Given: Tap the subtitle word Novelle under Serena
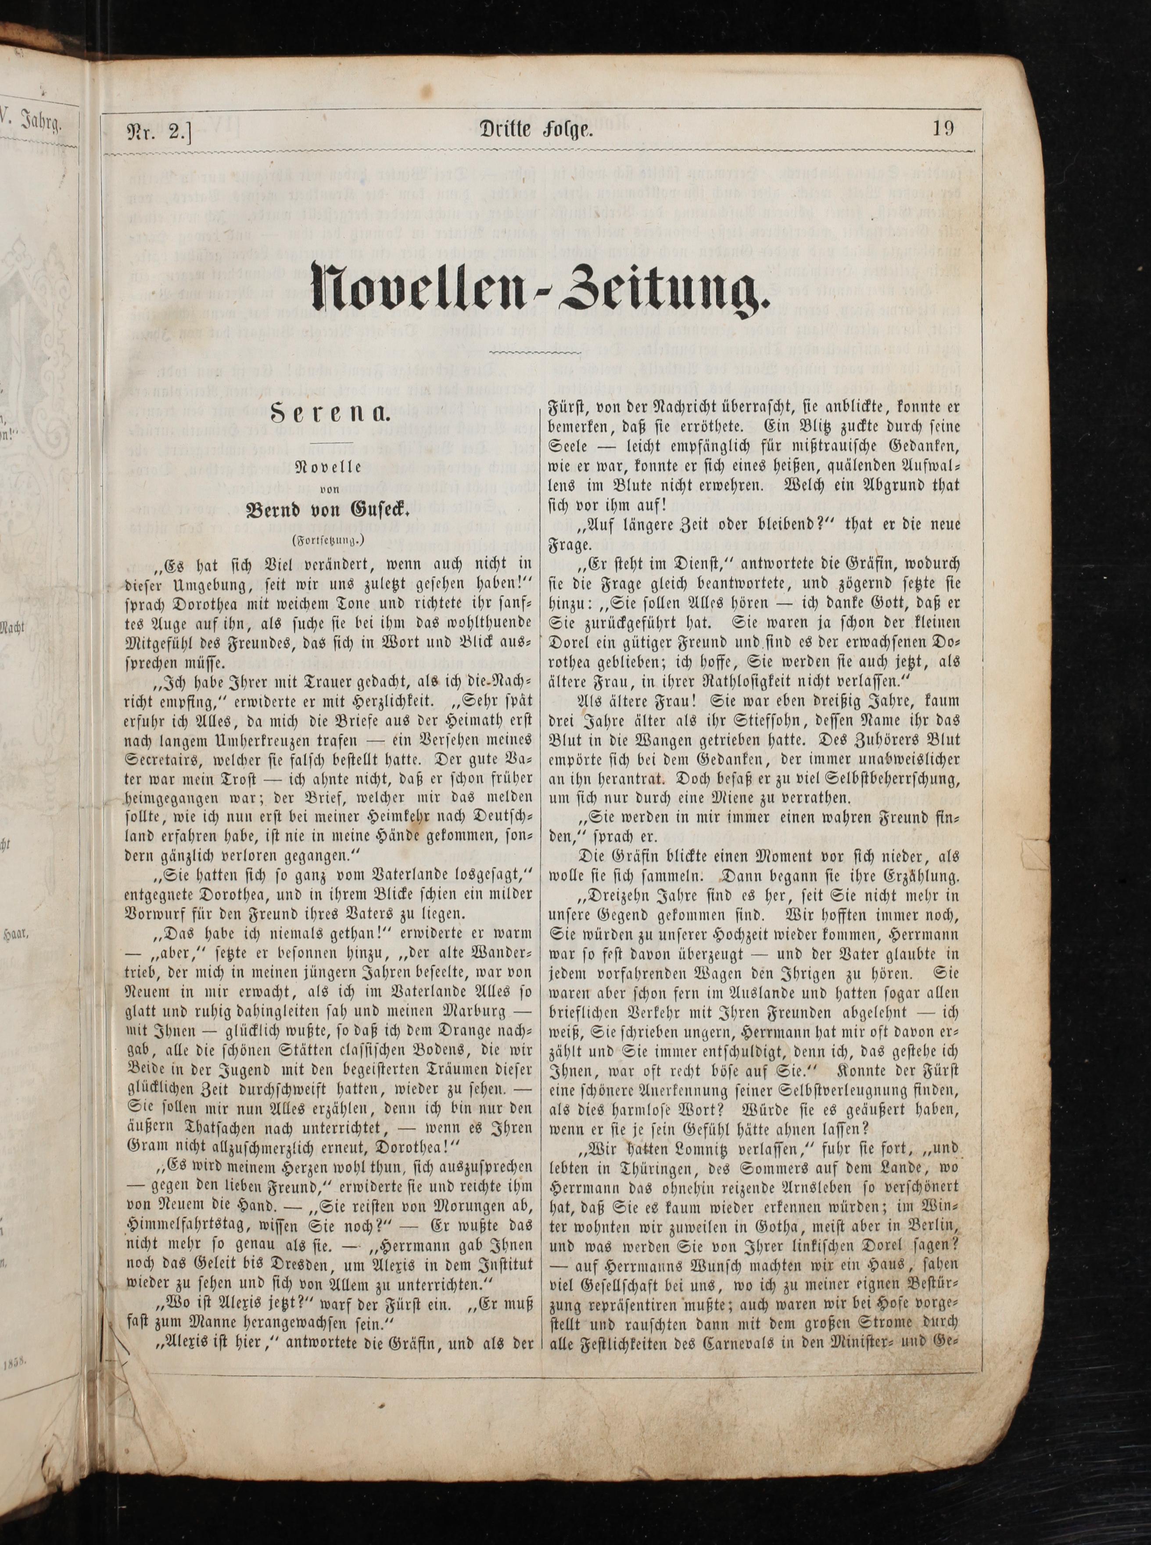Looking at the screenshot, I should (x=328, y=467).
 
